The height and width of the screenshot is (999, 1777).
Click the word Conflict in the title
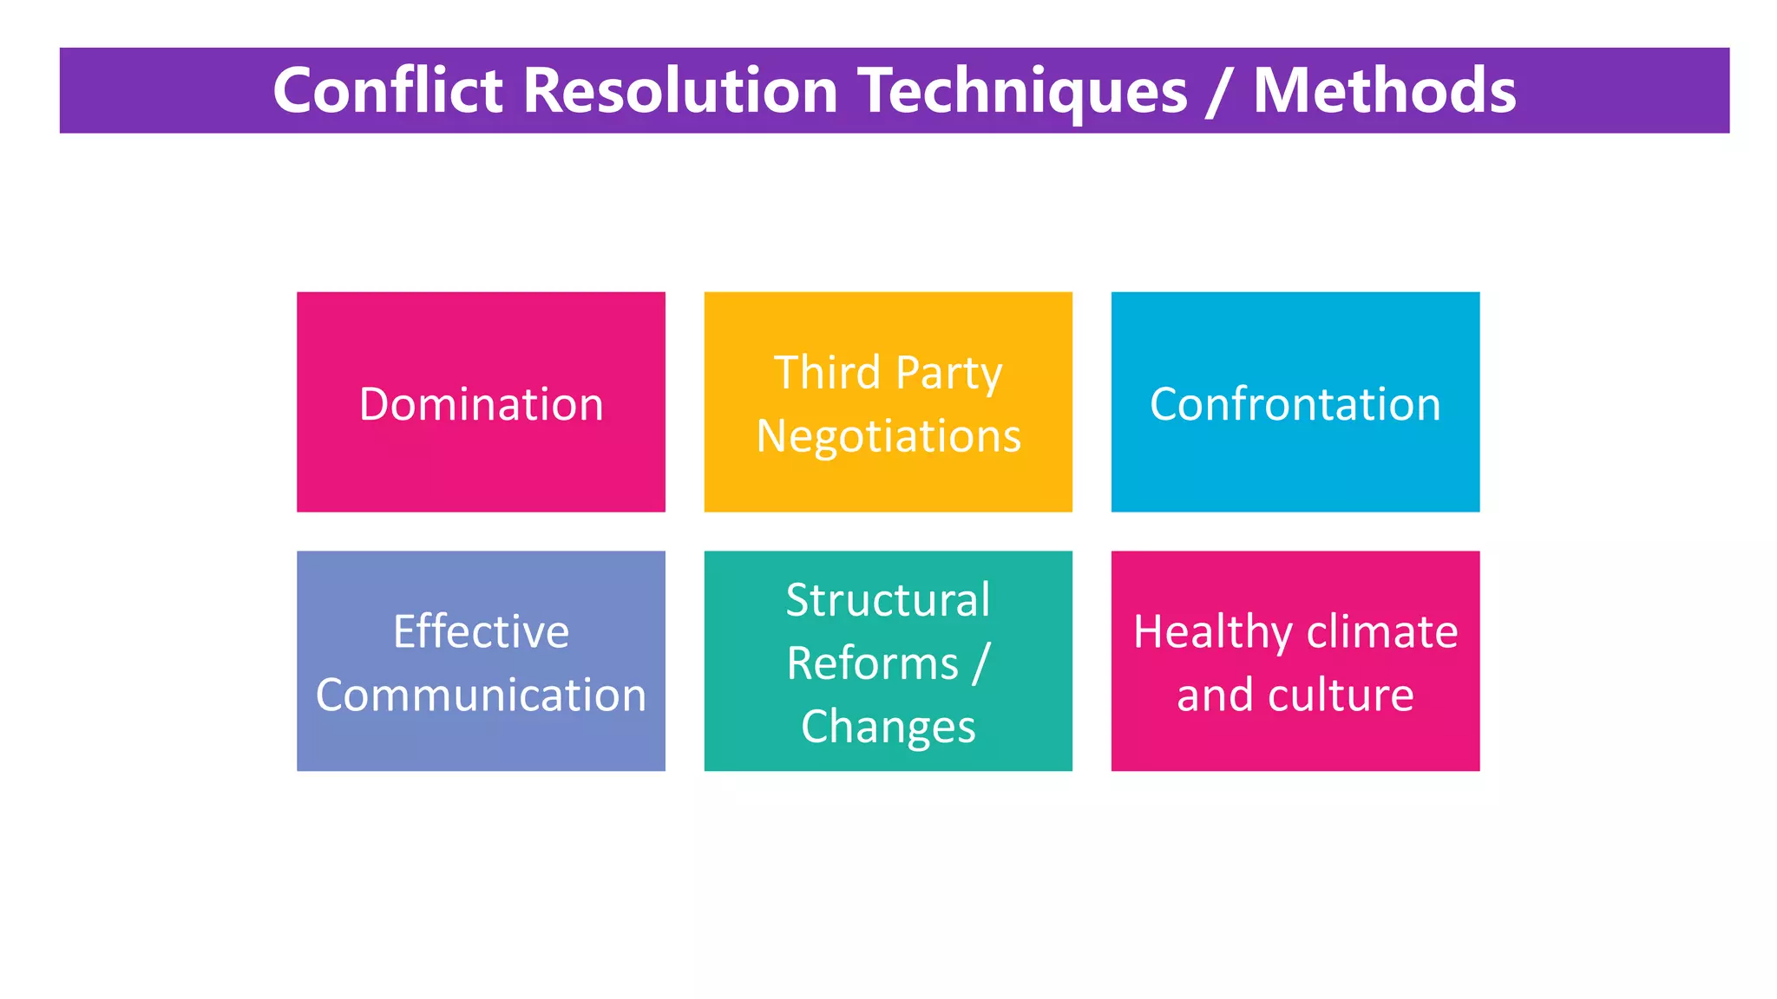[x=387, y=90]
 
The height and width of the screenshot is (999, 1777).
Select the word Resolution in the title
[x=679, y=90]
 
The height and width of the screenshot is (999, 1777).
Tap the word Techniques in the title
[x=1022, y=92]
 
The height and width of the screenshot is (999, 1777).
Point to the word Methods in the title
[x=1384, y=90]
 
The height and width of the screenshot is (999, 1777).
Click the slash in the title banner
[x=1219, y=92]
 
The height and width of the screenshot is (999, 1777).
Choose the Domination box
[x=481, y=402]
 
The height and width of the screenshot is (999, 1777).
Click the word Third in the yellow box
[x=826, y=373]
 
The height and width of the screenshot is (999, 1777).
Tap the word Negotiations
[x=888, y=435]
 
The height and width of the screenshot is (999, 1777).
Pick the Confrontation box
[x=1295, y=402]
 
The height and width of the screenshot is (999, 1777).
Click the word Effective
[x=481, y=631]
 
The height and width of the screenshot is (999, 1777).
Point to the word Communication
[x=481, y=695]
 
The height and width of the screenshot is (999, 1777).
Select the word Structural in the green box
[x=888, y=599]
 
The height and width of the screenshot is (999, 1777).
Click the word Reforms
[x=871, y=663]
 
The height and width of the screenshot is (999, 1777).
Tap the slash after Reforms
[x=980, y=663]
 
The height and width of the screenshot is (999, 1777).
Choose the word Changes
[x=888, y=727]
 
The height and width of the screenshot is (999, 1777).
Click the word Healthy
[x=1212, y=632]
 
